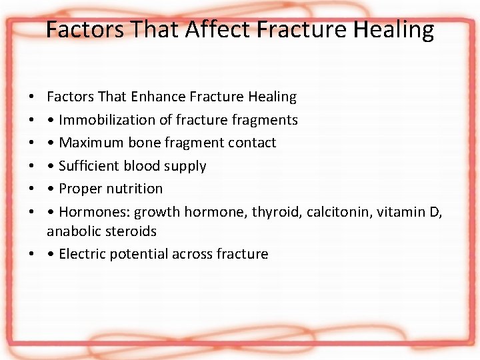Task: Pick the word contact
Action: [252, 143]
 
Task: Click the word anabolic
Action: [72, 231]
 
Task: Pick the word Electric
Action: [83, 254]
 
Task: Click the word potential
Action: [139, 254]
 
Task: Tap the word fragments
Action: [267, 120]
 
